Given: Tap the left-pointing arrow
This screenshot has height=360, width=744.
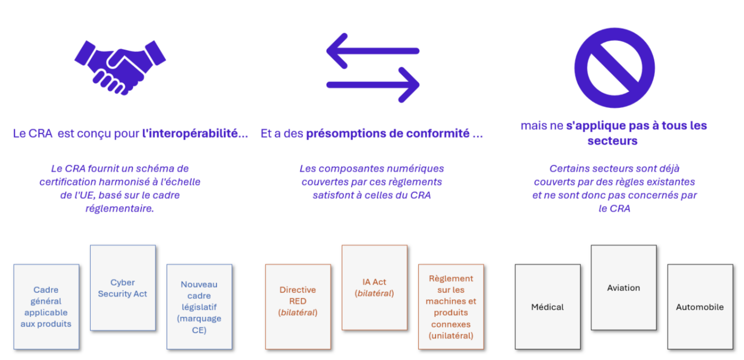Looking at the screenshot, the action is [373, 51].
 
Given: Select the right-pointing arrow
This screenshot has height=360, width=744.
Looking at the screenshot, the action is [373, 85].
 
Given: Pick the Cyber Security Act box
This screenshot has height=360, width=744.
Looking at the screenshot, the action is [123, 288].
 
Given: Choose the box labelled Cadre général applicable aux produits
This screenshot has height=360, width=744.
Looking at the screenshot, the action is [47, 307].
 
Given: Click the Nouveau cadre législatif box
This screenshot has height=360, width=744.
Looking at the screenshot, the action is [199, 307].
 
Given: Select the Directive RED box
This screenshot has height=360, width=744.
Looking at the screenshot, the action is [298, 307].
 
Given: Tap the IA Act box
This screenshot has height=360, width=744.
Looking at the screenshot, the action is [375, 288].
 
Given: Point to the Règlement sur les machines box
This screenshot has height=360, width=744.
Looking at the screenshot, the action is [451, 307].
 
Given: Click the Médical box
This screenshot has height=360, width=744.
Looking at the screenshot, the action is [548, 307].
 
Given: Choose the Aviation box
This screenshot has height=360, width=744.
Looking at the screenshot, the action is [624, 288].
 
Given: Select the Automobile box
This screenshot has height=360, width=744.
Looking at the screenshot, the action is [700, 307].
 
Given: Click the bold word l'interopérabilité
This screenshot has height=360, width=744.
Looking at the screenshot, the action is [195, 134].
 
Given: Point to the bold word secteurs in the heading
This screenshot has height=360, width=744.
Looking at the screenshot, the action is [612, 141].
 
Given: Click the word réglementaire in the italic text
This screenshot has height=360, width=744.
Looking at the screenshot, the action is [120, 209].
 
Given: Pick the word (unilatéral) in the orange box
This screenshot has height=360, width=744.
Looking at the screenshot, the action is [451, 336].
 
